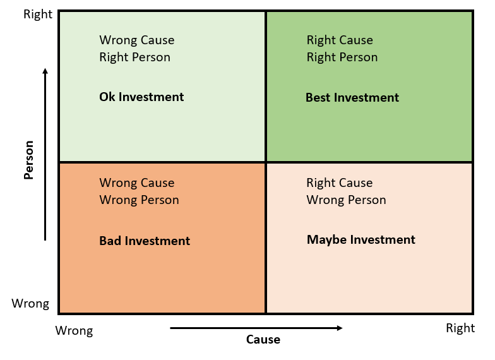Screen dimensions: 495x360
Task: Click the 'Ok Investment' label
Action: pos(141,97)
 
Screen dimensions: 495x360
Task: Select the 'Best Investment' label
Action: pos(352,98)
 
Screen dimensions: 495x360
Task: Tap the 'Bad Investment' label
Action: pos(145,241)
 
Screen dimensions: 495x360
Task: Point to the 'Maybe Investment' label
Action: pos(361,240)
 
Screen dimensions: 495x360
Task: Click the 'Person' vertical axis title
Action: pos(28,160)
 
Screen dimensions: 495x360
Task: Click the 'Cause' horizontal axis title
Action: pos(263,340)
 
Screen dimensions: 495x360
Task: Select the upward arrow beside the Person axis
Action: pos(45,154)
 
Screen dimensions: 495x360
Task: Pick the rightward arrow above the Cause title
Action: pos(256,328)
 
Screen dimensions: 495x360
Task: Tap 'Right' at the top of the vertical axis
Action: pos(38,15)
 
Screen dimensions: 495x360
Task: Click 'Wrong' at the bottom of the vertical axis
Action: pos(30,304)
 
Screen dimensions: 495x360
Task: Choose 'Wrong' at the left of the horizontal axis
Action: pos(74,331)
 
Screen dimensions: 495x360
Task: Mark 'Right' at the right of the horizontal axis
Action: pos(460,328)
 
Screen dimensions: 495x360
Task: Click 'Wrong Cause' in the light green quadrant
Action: pos(137,40)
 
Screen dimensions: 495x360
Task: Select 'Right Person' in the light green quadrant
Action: pos(135,57)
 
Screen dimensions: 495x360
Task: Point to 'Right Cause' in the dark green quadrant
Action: pos(340,40)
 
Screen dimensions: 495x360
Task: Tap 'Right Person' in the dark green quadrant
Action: pos(342,57)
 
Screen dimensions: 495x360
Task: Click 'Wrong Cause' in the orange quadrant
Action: pos(137,183)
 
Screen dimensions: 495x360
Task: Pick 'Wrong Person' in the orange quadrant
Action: pos(140,200)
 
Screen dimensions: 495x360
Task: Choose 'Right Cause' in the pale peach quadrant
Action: pos(340,183)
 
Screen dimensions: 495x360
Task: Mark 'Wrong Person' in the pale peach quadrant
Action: pos(347,200)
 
